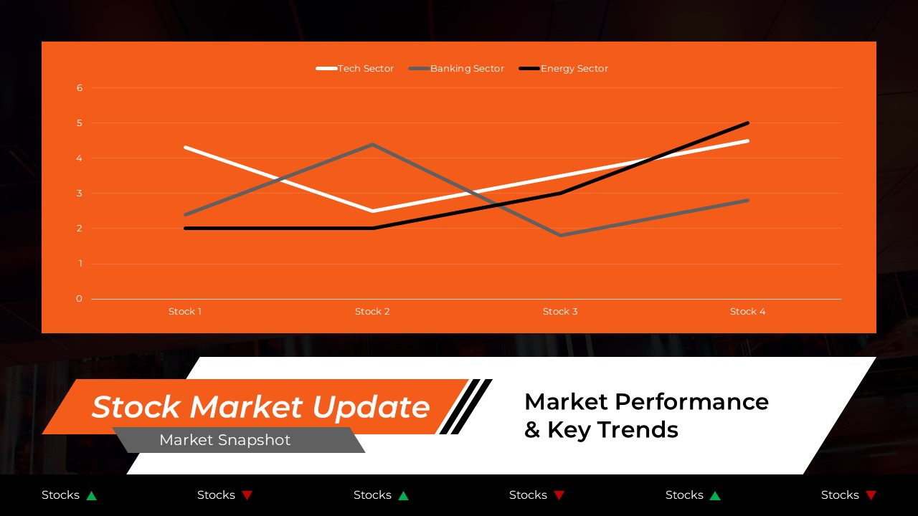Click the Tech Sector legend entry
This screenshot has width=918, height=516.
356,69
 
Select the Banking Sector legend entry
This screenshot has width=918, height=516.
458,69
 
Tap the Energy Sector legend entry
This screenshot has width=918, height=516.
564,69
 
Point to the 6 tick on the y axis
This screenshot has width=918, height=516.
80,88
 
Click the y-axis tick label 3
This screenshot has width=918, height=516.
80,193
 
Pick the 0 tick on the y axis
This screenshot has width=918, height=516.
80,299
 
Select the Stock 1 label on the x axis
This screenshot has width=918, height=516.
185,312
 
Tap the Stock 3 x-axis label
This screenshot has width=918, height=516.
560,312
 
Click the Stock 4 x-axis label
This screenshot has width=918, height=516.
747,312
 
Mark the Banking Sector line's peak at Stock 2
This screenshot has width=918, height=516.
373,145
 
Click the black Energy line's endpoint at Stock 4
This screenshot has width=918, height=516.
747,123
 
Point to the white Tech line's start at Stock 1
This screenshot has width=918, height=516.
185,148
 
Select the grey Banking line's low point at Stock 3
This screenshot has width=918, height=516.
560,235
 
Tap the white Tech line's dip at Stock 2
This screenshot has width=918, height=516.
373,211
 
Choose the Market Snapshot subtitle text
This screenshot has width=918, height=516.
225,440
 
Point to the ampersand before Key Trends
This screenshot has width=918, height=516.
532,430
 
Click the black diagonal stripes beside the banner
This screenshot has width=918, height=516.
465,406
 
